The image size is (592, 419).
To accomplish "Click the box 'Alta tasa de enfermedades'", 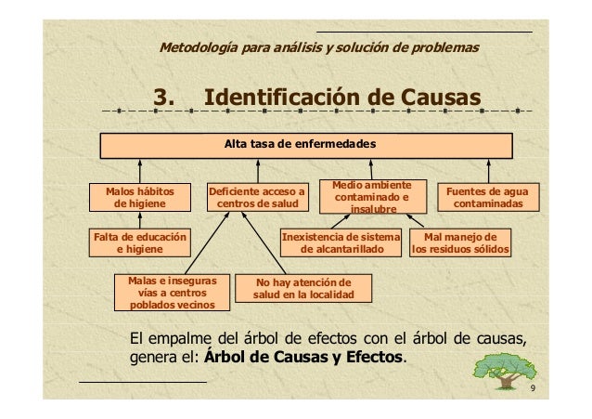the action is coord(306,146).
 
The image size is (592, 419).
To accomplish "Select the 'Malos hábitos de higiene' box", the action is coord(140,196).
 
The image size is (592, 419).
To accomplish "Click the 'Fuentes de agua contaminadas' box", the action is coord(488,196).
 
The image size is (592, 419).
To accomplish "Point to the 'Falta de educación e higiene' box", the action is coord(138,242).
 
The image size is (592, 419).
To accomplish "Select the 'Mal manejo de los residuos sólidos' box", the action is coord(460,242).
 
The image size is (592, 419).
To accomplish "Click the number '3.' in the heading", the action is coord(166,98).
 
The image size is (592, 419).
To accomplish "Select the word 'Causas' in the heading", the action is coord(442,98).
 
